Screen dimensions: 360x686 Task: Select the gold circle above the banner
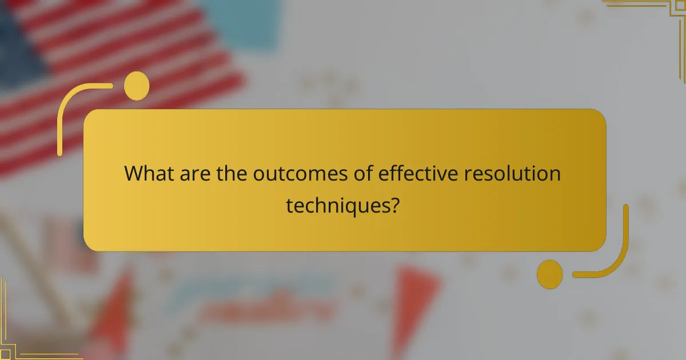(x=137, y=86)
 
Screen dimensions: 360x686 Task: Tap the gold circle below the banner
(x=550, y=274)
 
